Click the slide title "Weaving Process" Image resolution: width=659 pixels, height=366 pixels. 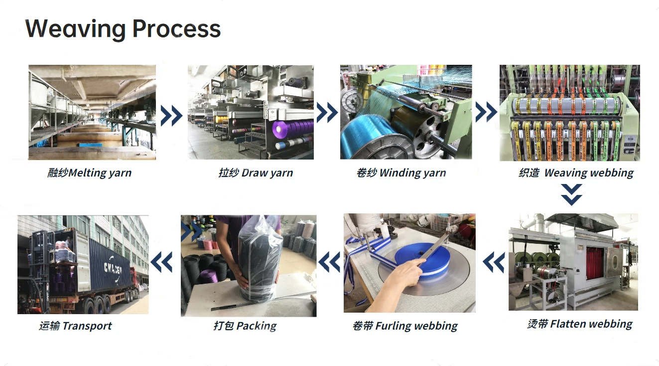click(123, 28)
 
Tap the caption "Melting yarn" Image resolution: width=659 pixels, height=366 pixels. click(90, 173)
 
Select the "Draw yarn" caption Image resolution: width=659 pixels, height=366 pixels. click(256, 173)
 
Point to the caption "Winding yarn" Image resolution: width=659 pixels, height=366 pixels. click(401, 173)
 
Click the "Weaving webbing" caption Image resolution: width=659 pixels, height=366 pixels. click(576, 173)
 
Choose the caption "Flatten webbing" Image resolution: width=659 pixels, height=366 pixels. click(580, 324)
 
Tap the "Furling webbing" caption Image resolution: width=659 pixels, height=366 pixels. click(405, 326)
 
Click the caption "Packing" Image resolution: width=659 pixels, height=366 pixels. click(245, 326)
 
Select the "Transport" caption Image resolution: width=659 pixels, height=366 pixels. click(76, 326)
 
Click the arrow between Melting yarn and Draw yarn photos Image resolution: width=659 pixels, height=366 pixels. click(171, 115)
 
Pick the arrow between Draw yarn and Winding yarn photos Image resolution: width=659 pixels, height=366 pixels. click(327, 113)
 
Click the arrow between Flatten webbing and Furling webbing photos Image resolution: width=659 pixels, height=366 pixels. click(493, 262)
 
